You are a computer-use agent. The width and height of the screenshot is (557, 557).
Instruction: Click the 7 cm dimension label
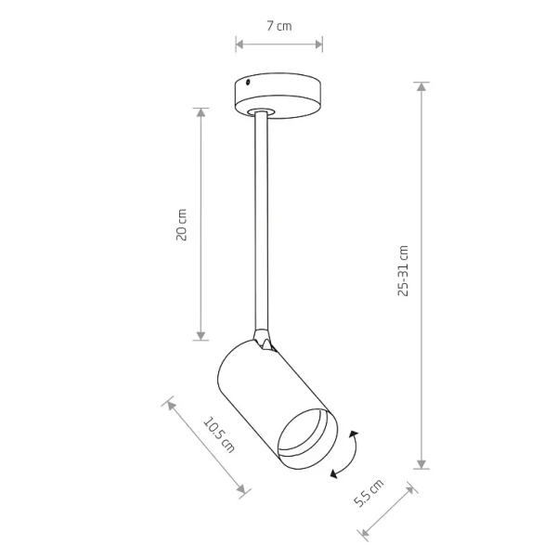(x=279, y=26)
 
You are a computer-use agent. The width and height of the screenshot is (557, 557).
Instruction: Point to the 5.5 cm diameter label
(x=369, y=497)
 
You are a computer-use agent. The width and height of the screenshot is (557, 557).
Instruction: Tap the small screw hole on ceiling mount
(x=248, y=84)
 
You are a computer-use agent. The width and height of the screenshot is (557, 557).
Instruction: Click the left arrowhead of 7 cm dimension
(x=239, y=43)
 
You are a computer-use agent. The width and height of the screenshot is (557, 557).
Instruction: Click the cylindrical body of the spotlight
(x=260, y=390)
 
